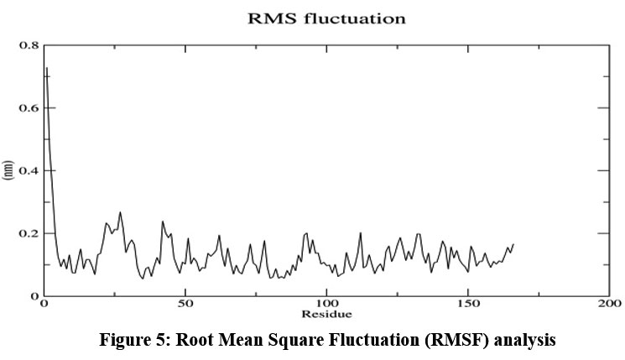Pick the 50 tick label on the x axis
point(185,303)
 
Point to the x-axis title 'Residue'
point(326,314)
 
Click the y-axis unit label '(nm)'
point(8,170)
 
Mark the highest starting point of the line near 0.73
point(46,67)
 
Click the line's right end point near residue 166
point(513,244)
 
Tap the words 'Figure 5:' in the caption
point(133,342)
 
